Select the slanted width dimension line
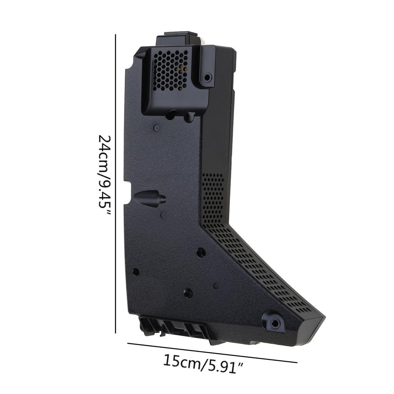pyautogui.click(x=212, y=352)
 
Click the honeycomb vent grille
pyautogui.click(x=170, y=70)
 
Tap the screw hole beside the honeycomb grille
pyautogui.click(x=207, y=78)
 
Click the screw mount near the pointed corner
pyautogui.click(x=275, y=322)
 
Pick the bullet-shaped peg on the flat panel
pyautogui.click(x=150, y=199)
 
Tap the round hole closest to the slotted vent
pyautogui.click(x=201, y=252)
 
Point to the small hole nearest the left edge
pyautogui.click(x=135, y=272)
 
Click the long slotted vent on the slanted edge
pyautogui.click(x=262, y=269)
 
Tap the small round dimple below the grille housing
pyautogui.click(x=156, y=128)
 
